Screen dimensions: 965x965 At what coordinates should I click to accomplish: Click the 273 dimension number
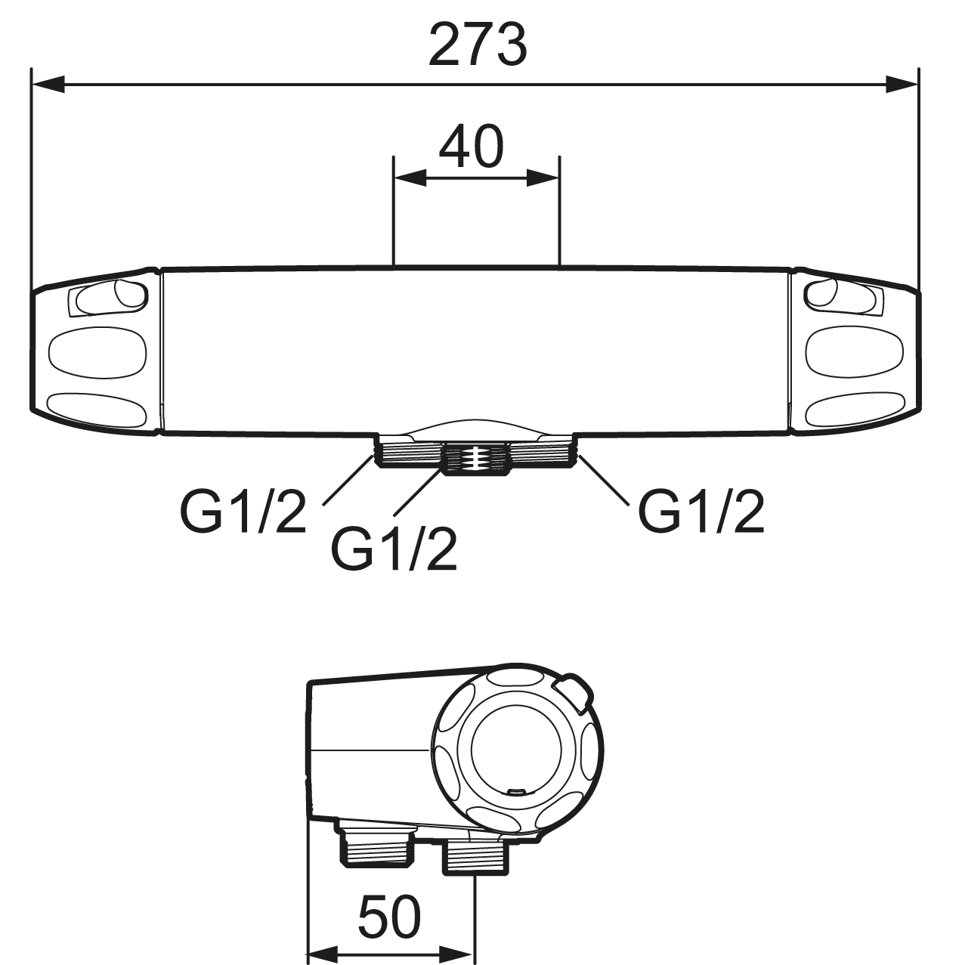[478, 45]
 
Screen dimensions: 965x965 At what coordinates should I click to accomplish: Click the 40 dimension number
[471, 147]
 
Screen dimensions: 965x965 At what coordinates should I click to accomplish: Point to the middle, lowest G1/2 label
[394, 549]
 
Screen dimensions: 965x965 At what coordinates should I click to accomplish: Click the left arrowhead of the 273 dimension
[48, 84]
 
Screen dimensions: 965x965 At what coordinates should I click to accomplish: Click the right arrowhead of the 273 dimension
[902, 84]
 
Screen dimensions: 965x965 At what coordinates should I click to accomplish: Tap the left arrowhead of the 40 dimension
[410, 178]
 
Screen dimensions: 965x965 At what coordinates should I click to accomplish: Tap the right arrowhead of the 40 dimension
[543, 178]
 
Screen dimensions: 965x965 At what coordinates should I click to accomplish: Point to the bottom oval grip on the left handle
[98, 410]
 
